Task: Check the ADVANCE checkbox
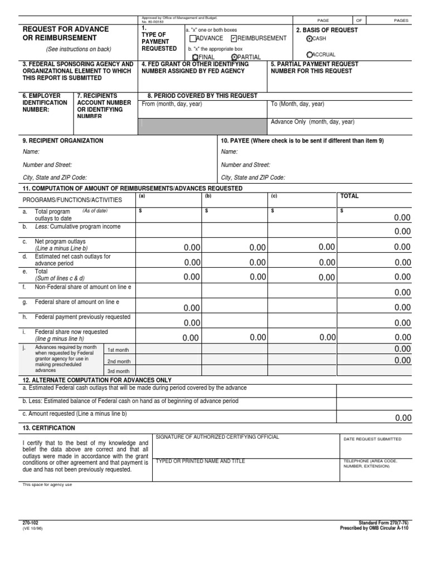(193, 38)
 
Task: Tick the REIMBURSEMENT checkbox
(234, 38)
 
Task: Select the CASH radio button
(310, 38)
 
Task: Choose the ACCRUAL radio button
(310, 55)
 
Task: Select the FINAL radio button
(194, 57)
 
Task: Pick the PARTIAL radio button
(234, 57)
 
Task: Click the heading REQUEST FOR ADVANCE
(65, 29)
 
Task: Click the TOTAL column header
(349, 196)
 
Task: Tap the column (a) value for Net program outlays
(192, 247)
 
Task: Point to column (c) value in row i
(327, 337)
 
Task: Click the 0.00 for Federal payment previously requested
(192, 322)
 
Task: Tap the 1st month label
(119, 350)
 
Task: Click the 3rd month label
(119, 371)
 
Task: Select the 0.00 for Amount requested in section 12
(402, 418)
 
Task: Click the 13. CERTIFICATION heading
(48, 427)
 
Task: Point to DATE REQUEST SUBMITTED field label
(372, 439)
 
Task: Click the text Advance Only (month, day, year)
(312, 122)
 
